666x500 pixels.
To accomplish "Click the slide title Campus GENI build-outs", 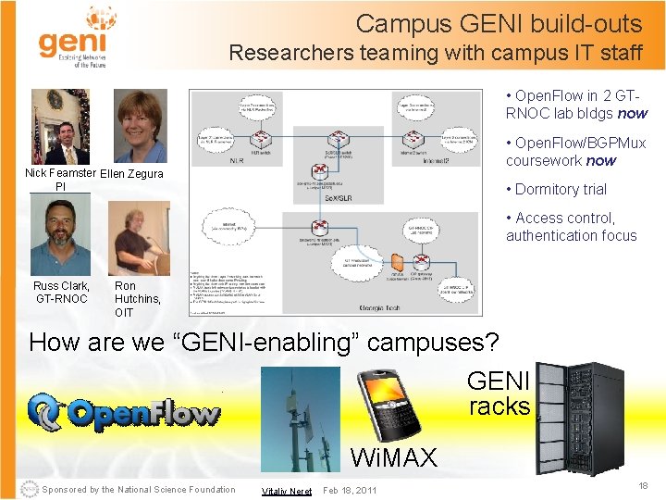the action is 499,23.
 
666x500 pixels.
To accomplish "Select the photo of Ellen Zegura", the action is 141,127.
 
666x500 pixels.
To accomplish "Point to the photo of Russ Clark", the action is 59,237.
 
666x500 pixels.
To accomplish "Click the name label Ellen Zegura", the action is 131,174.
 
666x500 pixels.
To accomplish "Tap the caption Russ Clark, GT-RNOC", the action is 61,293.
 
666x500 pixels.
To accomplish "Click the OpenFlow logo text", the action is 125,413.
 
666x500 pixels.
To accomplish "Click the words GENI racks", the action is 499,394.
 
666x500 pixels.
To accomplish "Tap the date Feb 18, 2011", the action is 351,490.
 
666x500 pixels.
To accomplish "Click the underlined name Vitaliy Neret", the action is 286,491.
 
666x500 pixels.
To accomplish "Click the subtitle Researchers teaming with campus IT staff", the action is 435,53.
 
